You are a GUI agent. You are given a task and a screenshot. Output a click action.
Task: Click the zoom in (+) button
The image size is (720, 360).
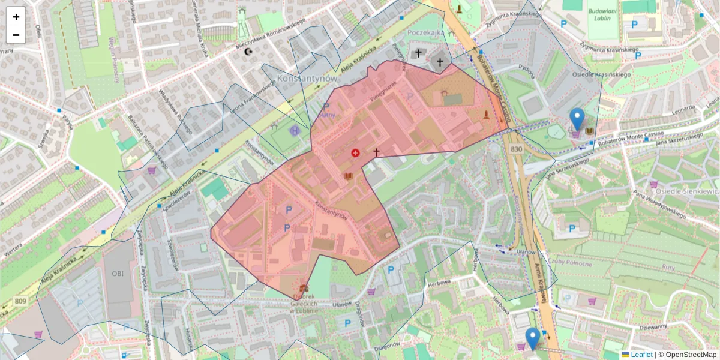pos(16,17)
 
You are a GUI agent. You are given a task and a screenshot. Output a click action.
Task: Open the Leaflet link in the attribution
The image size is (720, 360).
pos(641,355)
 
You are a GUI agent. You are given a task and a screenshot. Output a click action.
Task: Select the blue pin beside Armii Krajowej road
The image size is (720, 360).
pos(532,338)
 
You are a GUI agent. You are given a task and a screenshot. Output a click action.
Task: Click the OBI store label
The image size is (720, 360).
pos(117,274)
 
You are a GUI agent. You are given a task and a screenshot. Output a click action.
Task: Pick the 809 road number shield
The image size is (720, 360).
pos(20,301)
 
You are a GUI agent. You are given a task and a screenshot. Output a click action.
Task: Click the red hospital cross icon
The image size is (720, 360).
pos(355,153)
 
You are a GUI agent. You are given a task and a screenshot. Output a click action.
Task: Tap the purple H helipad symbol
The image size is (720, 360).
pos(295,130)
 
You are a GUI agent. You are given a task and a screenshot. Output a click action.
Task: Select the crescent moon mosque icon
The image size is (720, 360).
pos(248,52)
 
